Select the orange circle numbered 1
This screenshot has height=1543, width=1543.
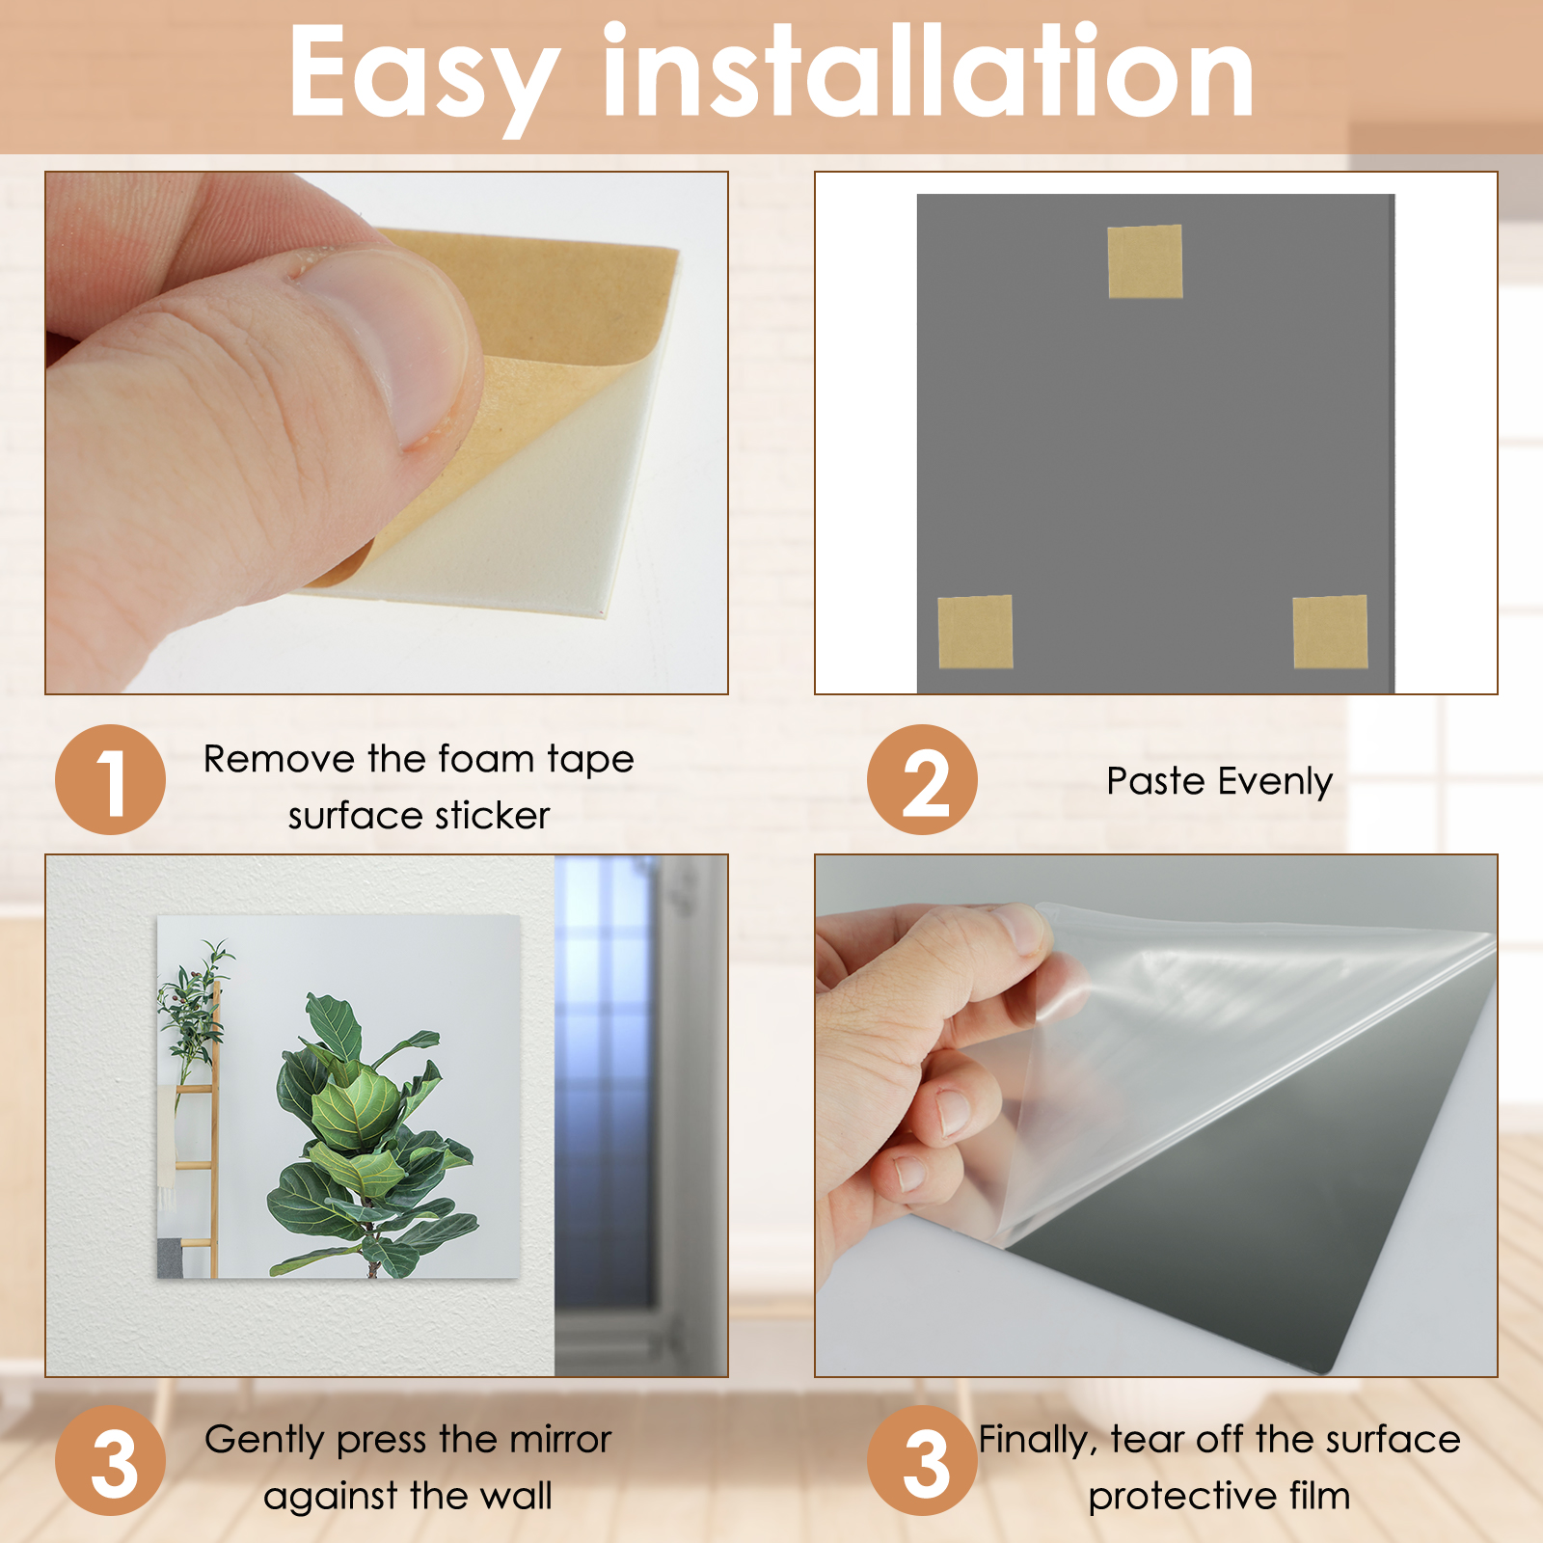point(110,779)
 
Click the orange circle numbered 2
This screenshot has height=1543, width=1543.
point(922,779)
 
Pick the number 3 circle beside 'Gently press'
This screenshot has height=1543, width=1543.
point(110,1460)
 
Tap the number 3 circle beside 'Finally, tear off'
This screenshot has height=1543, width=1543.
point(922,1460)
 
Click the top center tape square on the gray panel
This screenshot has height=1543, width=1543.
point(1145,261)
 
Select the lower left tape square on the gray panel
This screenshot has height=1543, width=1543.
point(975,632)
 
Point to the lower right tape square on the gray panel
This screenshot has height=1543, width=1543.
point(1330,632)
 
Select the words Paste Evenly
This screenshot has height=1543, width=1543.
point(1219,781)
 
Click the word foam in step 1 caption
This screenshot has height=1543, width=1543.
point(486,759)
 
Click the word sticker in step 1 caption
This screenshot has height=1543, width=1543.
point(492,816)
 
